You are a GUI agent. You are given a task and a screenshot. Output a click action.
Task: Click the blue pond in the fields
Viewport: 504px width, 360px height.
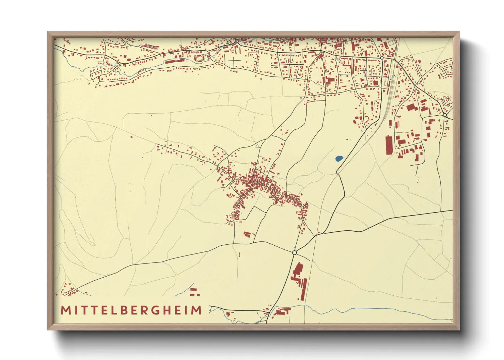tap(339, 158)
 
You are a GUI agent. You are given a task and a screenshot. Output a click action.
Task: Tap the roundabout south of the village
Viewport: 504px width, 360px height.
tap(294, 252)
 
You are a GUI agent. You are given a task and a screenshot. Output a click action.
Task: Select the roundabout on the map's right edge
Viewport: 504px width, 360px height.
tap(445, 115)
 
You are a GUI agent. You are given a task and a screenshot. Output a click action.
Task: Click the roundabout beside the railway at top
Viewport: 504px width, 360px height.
tap(382, 58)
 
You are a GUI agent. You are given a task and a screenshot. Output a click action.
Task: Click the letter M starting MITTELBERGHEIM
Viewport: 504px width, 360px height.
tap(65, 310)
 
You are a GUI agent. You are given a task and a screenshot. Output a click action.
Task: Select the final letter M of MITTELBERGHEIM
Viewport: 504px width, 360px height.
tap(196, 310)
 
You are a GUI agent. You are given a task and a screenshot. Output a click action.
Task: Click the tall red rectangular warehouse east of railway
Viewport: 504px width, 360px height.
tap(389, 144)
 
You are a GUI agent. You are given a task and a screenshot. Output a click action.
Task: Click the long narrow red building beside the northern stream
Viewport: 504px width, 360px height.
tap(175, 61)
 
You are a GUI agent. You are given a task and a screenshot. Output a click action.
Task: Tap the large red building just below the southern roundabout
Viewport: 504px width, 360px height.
tap(298, 269)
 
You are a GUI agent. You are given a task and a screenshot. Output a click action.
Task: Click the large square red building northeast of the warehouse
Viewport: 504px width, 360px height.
tap(412, 108)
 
